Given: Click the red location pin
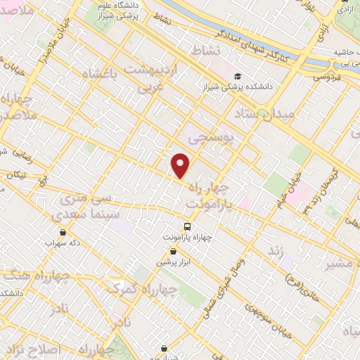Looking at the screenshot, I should pos(181,165).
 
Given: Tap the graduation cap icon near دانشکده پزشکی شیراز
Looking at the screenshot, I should pos(238,77).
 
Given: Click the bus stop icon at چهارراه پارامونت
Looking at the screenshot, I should pos(187,226).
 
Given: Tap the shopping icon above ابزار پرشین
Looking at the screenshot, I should pos(162,250).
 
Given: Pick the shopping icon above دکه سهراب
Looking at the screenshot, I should pos(63,231).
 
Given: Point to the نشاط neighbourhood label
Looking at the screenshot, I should pos(205,50).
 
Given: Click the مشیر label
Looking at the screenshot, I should pos(340,264).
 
